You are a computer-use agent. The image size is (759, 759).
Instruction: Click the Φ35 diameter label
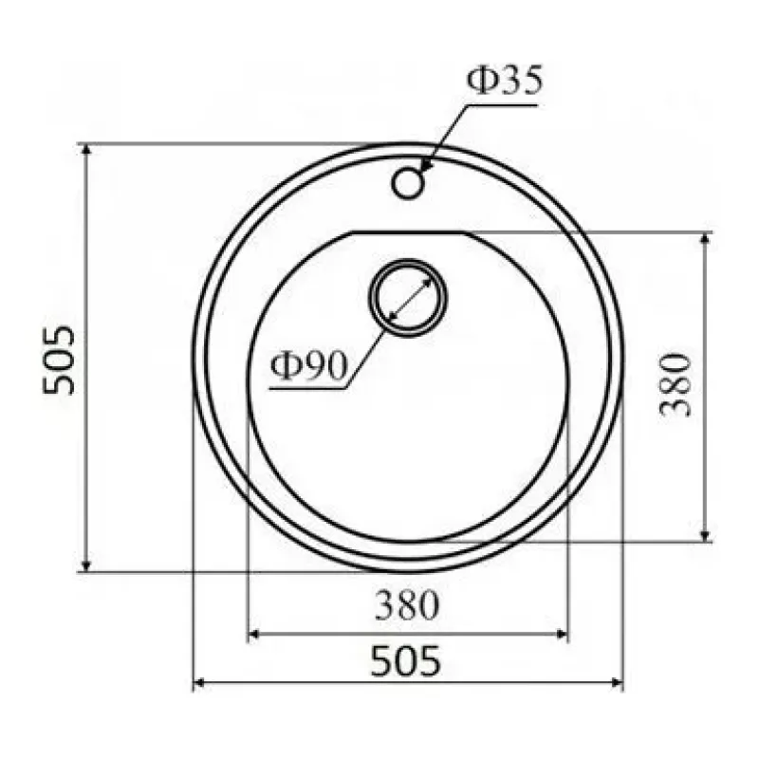click(x=505, y=81)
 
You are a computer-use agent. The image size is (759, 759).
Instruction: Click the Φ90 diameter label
click(x=309, y=365)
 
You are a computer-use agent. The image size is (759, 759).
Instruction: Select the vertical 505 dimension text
click(x=59, y=361)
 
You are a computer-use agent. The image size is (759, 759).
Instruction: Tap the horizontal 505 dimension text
click(x=406, y=660)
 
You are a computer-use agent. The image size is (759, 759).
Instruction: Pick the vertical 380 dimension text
click(x=675, y=385)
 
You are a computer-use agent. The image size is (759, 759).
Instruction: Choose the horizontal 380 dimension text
click(x=407, y=605)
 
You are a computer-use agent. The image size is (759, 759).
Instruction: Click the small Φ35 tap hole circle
click(x=408, y=183)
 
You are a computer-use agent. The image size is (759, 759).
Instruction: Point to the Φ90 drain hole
click(x=408, y=298)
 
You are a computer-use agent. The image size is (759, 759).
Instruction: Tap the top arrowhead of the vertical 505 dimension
click(x=86, y=150)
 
